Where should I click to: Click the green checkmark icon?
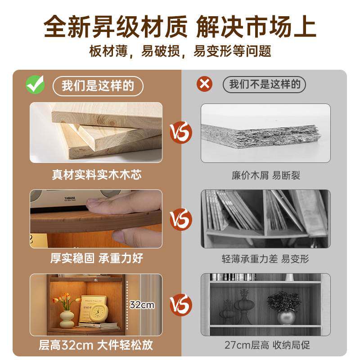pyautogui.click(x=35, y=84)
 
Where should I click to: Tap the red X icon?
pyautogui.click(x=205, y=84)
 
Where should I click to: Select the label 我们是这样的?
pyautogui.click(x=98, y=85)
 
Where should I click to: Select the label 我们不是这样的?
pyautogui.click(x=264, y=85)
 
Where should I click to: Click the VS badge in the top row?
pyautogui.click(x=180, y=132)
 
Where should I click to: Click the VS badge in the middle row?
pyautogui.click(x=180, y=219)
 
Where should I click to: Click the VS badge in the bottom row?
pyautogui.click(x=180, y=304)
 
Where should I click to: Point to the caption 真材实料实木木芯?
pyautogui.click(x=96, y=175)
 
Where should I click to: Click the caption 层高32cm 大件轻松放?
pyautogui.click(x=96, y=345)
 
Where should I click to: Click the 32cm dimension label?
pyautogui.click(x=142, y=305)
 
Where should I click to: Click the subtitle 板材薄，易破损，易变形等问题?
pyautogui.click(x=180, y=50)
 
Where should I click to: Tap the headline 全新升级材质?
pyautogui.click(x=115, y=26)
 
